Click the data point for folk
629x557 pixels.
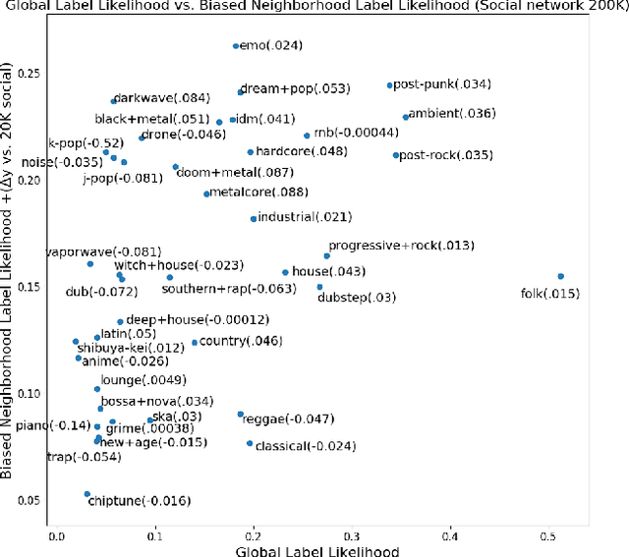point(561,277)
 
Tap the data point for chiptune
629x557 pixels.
point(86,494)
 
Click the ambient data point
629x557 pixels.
point(406,117)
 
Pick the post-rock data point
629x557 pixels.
point(396,155)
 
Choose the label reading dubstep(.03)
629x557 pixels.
point(357,298)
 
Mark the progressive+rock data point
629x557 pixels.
point(327,255)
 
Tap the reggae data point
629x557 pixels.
point(240,415)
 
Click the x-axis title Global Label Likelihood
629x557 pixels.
point(317,551)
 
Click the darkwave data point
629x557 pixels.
point(114,100)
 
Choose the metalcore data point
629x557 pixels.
point(206,194)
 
